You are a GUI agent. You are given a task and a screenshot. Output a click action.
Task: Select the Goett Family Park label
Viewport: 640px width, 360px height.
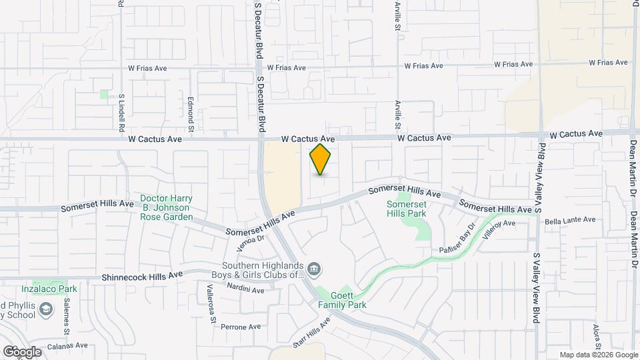tap(342, 300)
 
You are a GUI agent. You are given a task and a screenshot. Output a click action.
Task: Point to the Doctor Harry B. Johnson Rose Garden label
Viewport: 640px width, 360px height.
tap(167, 207)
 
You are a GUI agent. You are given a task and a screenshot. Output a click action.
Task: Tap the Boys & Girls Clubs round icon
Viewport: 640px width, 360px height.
tap(315, 269)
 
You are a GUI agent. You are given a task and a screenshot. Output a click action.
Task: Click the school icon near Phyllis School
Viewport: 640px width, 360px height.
tap(45, 309)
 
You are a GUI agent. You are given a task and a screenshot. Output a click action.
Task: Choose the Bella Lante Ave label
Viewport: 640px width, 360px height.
tap(570, 220)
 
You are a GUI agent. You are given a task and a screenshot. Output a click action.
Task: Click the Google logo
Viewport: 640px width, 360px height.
tap(21, 351)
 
